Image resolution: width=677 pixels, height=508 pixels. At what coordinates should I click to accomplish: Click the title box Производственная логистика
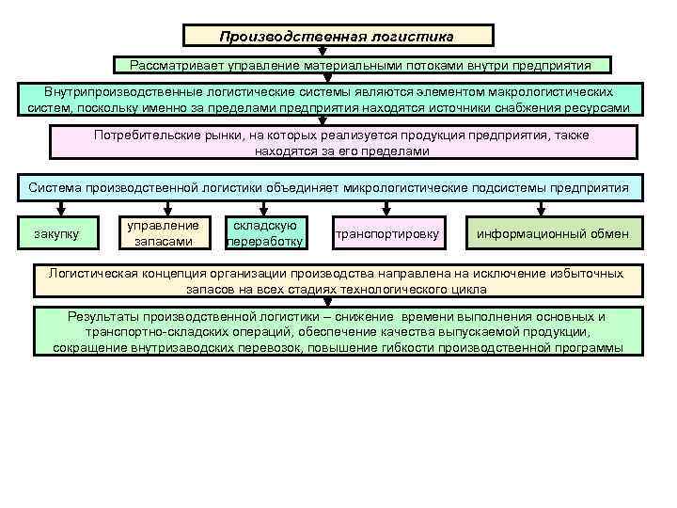pyautogui.click(x=337, y=37)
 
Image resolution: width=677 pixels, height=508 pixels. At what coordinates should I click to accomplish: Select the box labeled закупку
pyautogui.click(x=56, y=232)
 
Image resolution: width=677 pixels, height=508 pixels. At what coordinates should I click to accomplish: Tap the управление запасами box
pyautogui.click(x=164, y=233)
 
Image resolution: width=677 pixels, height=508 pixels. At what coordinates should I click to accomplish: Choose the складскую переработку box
pyautogui.click(x=266, y=233)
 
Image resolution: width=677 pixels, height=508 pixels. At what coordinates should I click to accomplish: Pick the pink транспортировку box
pyautogui.click(x=386, y=233)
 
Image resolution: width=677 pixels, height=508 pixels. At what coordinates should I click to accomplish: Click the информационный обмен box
pyautogui.click(x=553, y=233)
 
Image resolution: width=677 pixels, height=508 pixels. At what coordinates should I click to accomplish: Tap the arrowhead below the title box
pyautogui.click(x=337, y=53)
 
